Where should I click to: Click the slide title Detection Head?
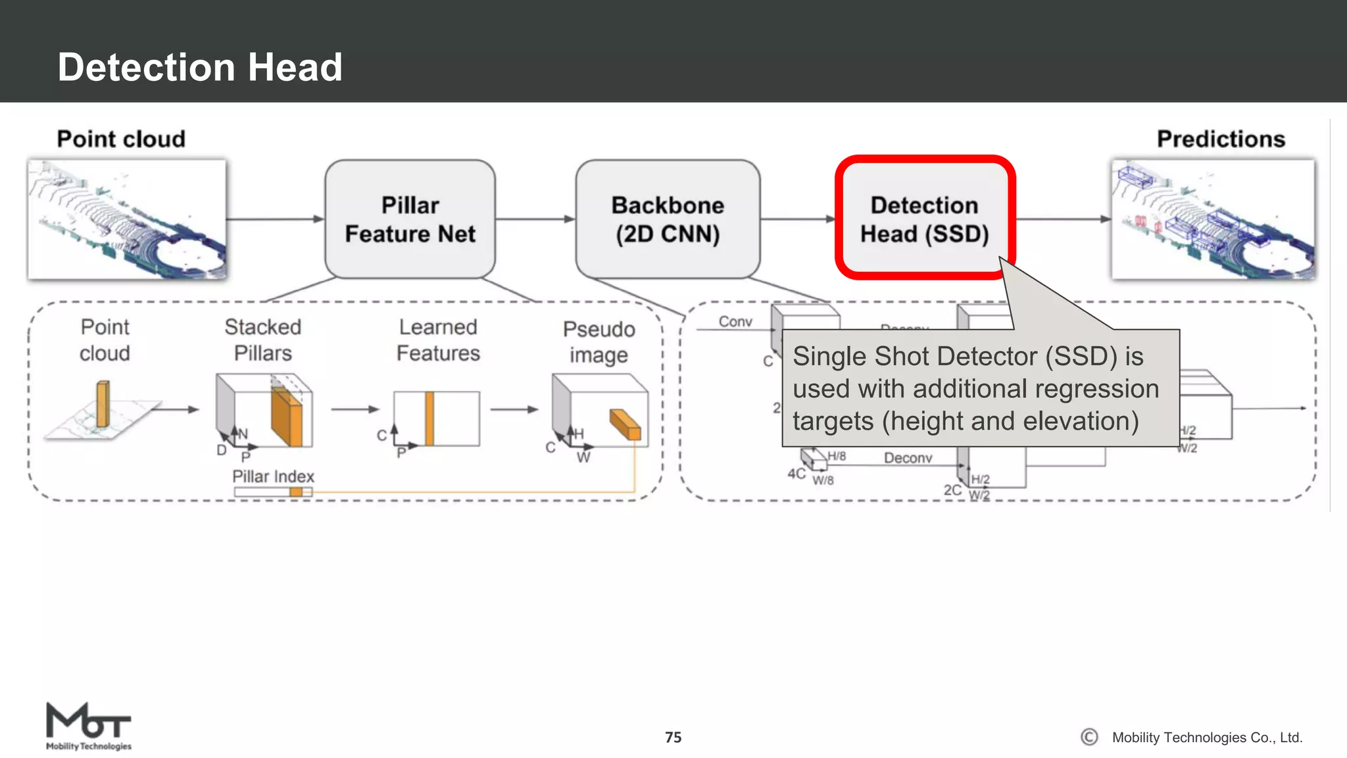(200, 67)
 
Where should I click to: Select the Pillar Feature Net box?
(410, 219)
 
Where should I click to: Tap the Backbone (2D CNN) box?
(668, 219)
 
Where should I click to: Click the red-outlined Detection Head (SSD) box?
(924, 219)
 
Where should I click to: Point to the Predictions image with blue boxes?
(1213, 219)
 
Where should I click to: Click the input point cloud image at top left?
(127, 219)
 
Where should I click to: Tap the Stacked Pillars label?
(262, 340)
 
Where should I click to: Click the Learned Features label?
(438, 340)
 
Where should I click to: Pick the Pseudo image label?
(599, 341)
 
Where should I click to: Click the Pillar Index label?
(273, 476)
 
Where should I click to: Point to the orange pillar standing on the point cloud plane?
(103, 405)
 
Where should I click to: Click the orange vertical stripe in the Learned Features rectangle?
(429, 418)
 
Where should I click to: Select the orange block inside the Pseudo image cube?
(625, 424)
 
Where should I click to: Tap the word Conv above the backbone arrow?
(735, 321)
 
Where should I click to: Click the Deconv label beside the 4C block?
(908, 458)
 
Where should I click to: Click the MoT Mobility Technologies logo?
(88, 726)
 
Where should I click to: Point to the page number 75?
(673, 737)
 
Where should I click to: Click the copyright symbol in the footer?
(1089, 737)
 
